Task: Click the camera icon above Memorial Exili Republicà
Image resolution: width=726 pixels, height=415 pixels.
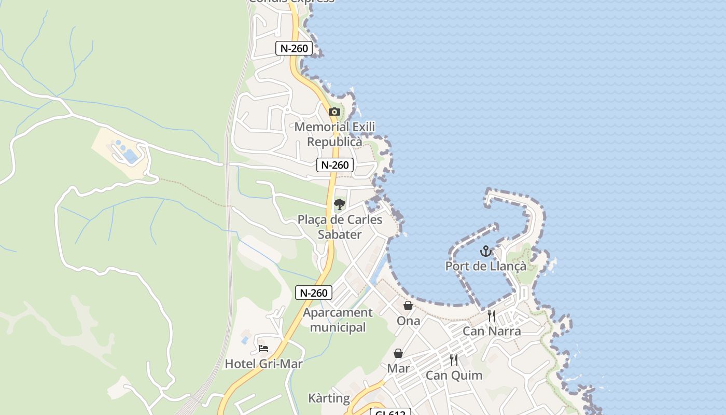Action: pos(334,112)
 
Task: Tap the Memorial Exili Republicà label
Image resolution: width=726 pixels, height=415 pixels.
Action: pos(334,134)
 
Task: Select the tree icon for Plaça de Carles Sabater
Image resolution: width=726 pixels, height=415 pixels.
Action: pos(340,204)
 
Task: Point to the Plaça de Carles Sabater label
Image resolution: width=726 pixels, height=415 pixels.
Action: pos(340,227)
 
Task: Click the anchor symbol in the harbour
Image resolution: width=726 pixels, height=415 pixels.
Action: pos(485,252)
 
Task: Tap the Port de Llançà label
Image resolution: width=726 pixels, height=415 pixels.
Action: pos(485,267)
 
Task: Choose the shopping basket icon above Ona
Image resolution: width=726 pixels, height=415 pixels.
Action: pos(408,306)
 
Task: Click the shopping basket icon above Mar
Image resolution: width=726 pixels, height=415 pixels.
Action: pos(398,353)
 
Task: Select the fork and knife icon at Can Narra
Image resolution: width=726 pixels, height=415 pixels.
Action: pos(492,315)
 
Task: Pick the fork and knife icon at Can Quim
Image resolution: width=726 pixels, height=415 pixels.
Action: pos(454,359)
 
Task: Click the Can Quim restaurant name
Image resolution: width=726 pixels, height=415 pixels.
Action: pos(454,375)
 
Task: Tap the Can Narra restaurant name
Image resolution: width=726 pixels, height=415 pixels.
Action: pos(492,331)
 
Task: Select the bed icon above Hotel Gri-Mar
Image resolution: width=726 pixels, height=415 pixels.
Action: pos(263,349)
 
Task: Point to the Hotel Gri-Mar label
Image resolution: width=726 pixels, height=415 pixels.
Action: pos(263,364)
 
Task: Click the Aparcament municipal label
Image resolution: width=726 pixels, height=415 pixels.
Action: pos(338,320)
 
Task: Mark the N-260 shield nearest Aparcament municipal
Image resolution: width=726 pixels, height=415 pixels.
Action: pos(314,293)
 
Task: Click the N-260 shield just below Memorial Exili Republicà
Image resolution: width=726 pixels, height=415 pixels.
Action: pos(335,165)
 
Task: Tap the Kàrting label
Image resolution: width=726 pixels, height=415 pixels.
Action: pos(329,398)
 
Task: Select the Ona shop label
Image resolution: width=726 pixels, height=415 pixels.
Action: pos(408,321)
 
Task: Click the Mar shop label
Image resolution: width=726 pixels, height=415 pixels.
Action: pos(398,368)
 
